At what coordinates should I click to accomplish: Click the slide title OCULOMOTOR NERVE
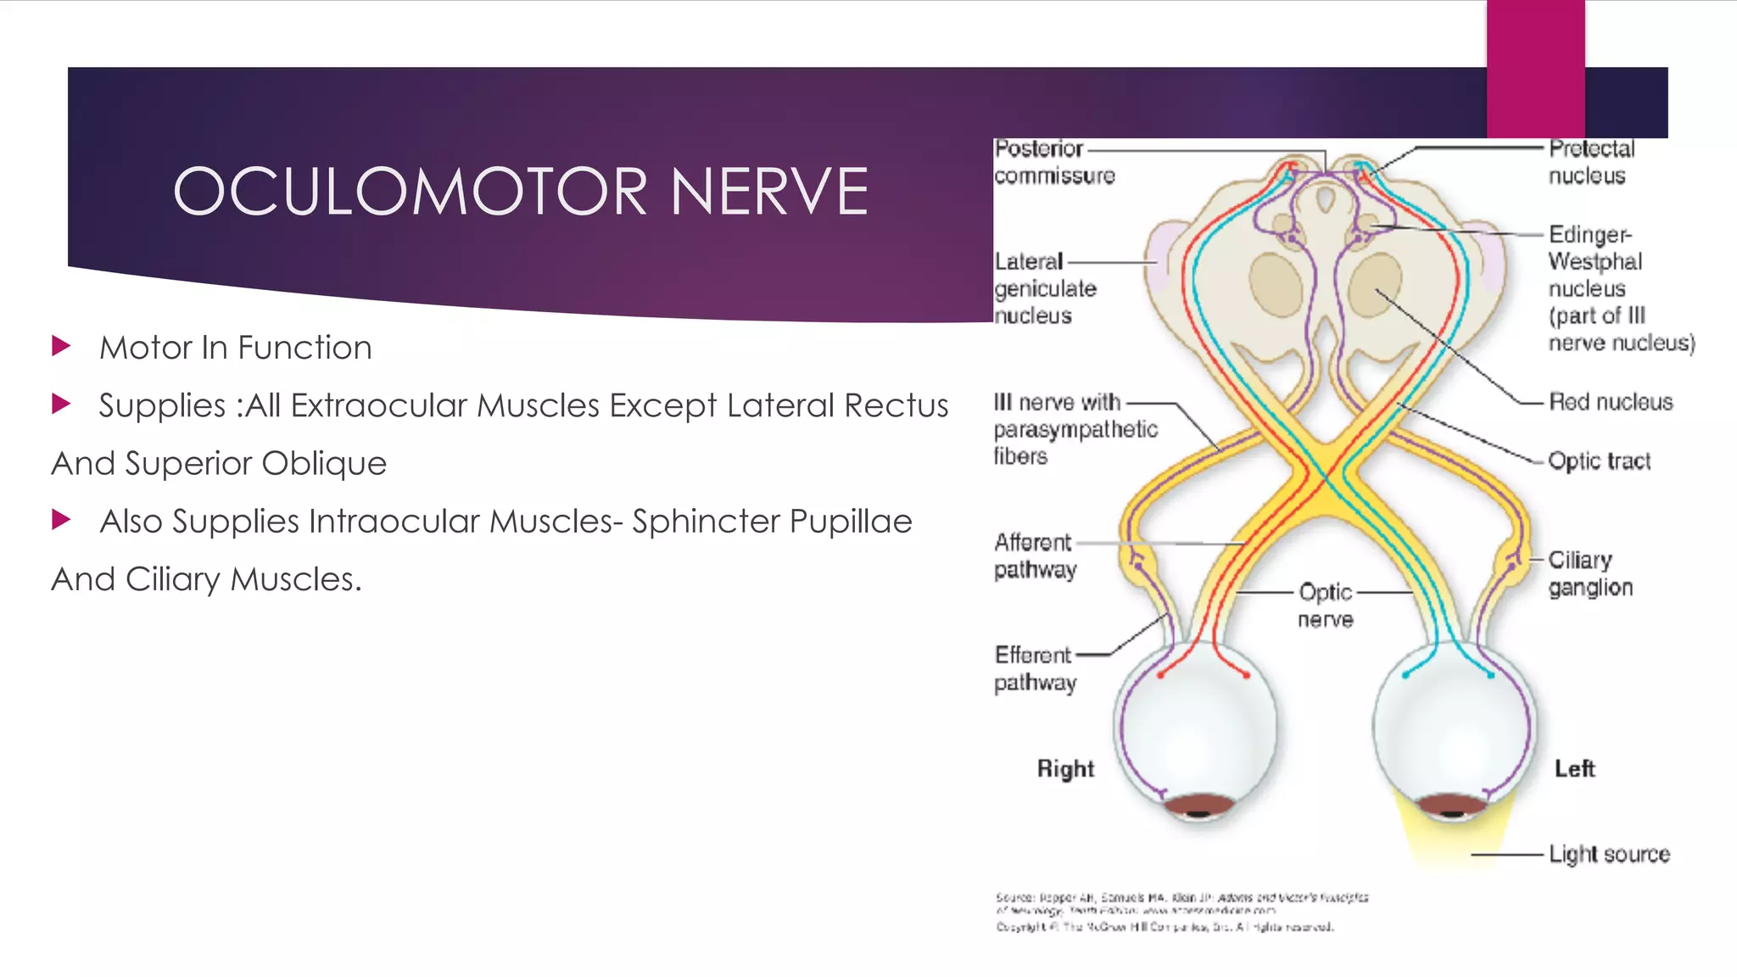click(x=521, y=192)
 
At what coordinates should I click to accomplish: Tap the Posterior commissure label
click(x=1054, y=162)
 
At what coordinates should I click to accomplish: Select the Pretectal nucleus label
click(x=1590, y=162)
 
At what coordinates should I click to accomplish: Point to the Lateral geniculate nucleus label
click(x=1045, y=288)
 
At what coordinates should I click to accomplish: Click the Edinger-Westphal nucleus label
click(x=1620, y=288)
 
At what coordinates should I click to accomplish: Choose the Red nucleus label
click(x=1610, y=402)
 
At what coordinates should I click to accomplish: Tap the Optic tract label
click(x=1599, y=461)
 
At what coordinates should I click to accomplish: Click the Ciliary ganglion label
click(x=1589, y=573)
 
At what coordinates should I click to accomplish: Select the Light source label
click(x=1608, y=854)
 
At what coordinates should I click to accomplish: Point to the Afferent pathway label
click(x=1035, y=555)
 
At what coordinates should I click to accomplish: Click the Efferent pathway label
click(x=1035, y=668)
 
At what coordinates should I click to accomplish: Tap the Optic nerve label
click(x=1325, y=606)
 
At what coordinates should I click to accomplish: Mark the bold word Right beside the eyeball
click(x=1065, y=768)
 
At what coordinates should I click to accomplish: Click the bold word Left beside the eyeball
click(x=1574, y=768)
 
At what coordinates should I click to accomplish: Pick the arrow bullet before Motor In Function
click(x=61, y=346)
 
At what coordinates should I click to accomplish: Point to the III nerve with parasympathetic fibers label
click(x=1075, y=429)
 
